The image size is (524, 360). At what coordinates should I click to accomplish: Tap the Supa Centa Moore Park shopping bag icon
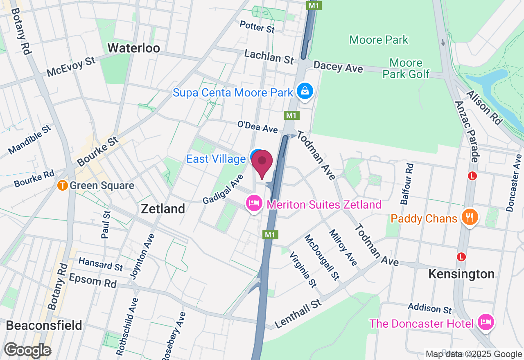point(305,91)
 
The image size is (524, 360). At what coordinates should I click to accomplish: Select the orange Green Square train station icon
point(62,185)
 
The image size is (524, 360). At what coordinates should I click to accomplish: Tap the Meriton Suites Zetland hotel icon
point(254,203)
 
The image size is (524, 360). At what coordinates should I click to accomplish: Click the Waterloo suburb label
point(133,48)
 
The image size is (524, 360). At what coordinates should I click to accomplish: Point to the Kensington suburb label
point(461,274)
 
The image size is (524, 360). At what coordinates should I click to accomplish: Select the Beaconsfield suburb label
point(44,326)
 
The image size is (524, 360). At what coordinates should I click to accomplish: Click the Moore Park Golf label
point(406,68)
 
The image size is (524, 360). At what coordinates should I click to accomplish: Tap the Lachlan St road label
point(269,56)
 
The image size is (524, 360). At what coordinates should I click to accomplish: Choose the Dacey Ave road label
point(338,67)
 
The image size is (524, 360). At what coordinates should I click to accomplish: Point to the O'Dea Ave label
point(257,127)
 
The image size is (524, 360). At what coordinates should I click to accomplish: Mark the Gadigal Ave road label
point(223,189)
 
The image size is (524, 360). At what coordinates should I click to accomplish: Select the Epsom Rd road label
point(93,281)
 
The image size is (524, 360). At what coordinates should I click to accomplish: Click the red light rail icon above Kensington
point(461,256)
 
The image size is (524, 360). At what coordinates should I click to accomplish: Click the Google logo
point(27,350)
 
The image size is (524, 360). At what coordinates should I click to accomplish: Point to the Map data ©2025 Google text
point(474,354)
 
